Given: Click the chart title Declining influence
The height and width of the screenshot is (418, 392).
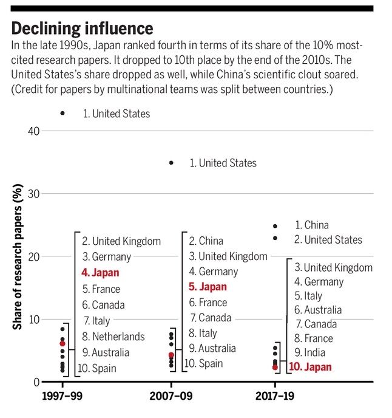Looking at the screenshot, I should [82, 29].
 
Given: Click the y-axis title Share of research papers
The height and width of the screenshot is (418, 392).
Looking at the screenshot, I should [18, 259].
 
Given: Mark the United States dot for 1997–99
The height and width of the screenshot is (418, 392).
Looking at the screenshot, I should [63, 114].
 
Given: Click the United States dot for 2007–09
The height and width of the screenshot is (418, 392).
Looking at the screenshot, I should [171, 163].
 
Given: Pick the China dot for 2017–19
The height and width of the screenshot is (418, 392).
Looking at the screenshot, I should [275, 225].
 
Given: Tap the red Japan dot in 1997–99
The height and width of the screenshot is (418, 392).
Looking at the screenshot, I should [63, 344].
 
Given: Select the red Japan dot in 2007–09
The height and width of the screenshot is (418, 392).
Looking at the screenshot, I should [171, 355].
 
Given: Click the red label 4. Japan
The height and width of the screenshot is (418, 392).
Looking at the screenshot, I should [101, 273].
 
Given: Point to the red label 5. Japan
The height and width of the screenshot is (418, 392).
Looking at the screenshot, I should [208, 287].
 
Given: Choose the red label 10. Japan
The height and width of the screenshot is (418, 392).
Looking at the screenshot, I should [310, 367].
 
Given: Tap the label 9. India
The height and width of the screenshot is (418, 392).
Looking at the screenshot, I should [309, 352].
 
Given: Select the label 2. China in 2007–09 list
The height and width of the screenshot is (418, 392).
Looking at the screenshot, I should [206, 241].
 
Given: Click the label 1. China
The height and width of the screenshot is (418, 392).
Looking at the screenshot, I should [312, 225].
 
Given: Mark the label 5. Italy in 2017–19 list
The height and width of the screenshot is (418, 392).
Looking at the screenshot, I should [308, 296].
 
